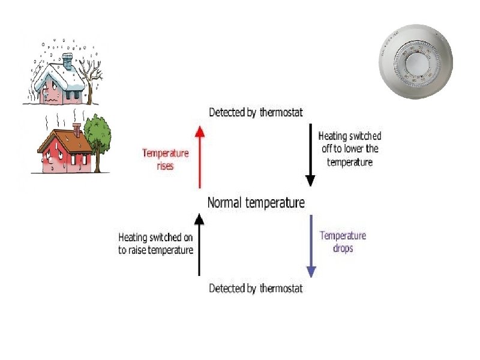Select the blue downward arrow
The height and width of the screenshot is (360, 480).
pos(311,246)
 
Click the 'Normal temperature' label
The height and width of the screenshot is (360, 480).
pos(256,203)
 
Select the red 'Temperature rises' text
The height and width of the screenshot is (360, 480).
pos(165,159)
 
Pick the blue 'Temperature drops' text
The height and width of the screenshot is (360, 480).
pos(343,241)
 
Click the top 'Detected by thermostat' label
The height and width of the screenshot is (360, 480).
pos(256,112)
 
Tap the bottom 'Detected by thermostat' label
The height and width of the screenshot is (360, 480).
pos(256,289)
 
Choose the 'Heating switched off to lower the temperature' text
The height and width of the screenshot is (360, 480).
pos(350,149)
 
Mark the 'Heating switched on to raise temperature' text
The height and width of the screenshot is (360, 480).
pos(156,243)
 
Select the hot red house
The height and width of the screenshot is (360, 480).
pos(63,150)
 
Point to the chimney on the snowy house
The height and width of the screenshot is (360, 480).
pos(67,60)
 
